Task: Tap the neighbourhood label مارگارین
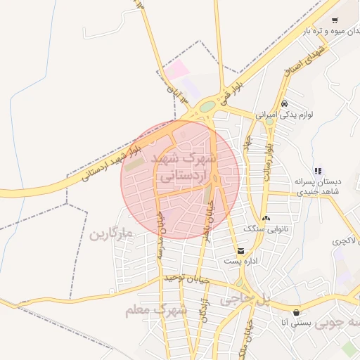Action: coord(110,233)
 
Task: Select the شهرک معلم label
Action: coord(156,309)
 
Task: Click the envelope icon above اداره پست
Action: coord(241,250)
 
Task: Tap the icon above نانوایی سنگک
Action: coord(266,219)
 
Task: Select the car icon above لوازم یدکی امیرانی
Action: coord(284,103)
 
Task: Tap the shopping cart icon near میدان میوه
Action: coord(335,20)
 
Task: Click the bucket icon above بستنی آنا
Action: coord(296,312)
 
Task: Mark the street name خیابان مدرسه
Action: coord(160,238)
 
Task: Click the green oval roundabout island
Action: coord(207,107)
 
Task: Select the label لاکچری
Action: coord(346,240)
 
